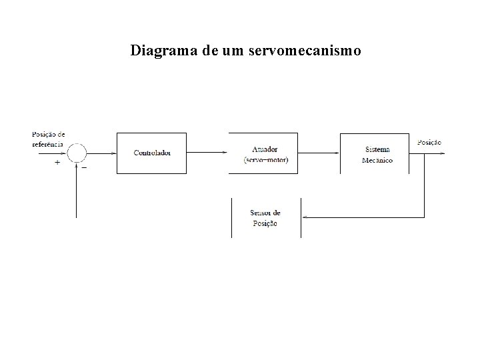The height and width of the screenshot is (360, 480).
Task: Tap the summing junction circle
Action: (77, 153)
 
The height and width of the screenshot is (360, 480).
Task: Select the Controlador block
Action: (152, 153)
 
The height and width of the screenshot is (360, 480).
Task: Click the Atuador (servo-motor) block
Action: (265, 153)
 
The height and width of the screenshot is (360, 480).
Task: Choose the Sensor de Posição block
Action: (265, 218)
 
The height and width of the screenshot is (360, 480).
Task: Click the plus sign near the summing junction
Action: (57, 162)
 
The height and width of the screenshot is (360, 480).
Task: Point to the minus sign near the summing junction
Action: (84, 167)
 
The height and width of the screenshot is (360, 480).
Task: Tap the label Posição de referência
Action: (48, 139)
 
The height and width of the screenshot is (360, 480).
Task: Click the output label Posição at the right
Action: (429, 143)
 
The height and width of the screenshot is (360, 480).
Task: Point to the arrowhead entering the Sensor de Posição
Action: (305, 217)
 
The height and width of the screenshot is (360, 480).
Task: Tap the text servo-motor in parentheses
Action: (266, 161)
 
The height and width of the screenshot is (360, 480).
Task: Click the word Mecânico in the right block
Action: (377, 160)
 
